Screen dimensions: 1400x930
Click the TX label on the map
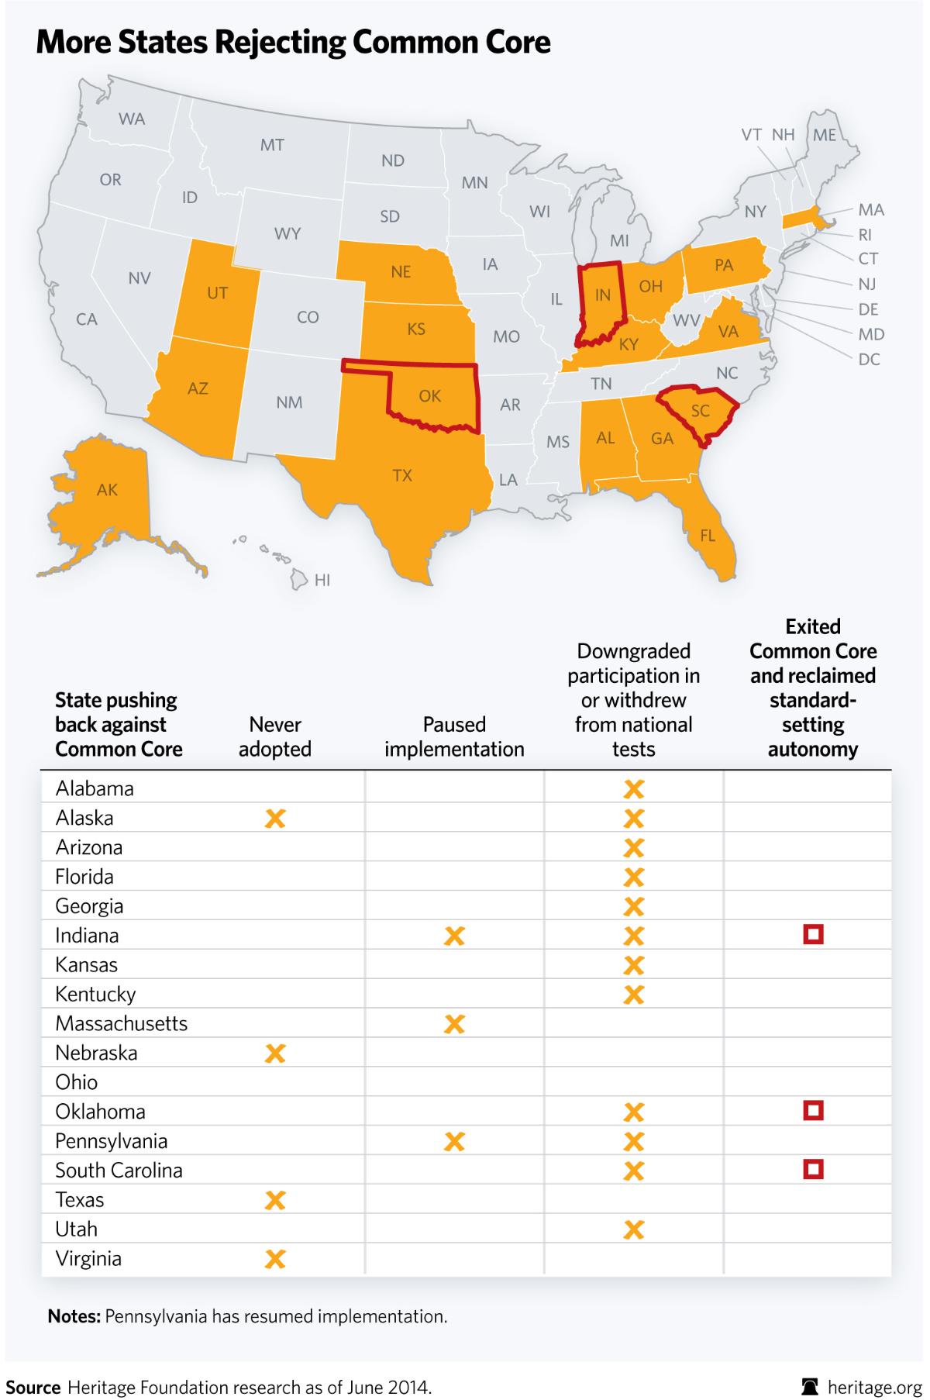pyautogui.click(x=401, y=475)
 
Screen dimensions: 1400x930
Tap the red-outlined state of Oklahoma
pyautogui.click(x=430, y=396)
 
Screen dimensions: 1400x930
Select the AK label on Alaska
pyautogui.click(x=107, y=489)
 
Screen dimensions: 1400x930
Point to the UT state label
pyautogui.click(x=217, y=292)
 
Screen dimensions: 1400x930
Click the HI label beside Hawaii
pyautogui.click(x=322, y=580)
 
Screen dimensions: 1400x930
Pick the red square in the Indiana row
pyautogui.click(x=813, y=935)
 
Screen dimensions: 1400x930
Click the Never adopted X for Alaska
pyautogui.click(x=275, y=818)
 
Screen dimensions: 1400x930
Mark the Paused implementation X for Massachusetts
pyautogui.click(x=454, y=1024)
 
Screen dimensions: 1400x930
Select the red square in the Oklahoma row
pyautogui.click(x=813, y=1111)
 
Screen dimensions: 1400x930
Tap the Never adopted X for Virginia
pyautogui.click(x=275, y=1258)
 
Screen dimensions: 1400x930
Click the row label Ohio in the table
pyautogui.click(x=77, y=1082)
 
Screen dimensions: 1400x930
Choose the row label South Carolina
pyautogui.click(x=119, y=1170)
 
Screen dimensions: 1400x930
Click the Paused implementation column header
pyautogui.click(x=454, y=736)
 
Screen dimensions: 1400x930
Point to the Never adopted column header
pyautogui.click(x=275, y=736)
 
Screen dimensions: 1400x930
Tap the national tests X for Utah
pyautogui.click(x=634, y=1229)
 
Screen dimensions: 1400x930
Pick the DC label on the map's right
pyautogui.click(x=869, y=359)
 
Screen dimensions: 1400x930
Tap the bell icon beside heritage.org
pyautogui.click(x=811, y=1386)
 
